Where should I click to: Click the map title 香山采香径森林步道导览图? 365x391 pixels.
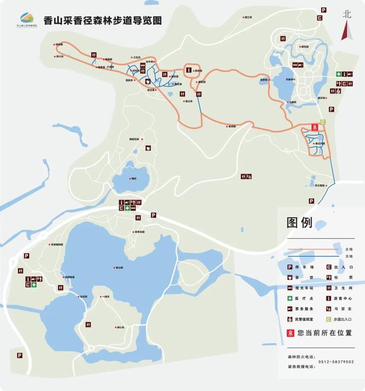(102, 20)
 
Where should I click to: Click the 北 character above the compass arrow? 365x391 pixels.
(346, 14)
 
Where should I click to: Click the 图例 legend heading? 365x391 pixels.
(299, 223)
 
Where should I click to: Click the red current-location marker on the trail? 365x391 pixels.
(314, 127)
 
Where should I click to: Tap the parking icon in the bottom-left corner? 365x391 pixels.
(19, 355)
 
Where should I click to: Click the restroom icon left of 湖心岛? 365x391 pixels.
(89, 324)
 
